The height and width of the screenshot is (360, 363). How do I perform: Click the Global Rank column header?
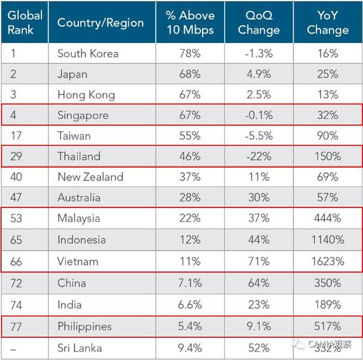(24, 23)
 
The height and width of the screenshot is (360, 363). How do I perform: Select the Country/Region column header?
(100, 23)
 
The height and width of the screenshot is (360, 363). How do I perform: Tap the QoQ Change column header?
(259, 23)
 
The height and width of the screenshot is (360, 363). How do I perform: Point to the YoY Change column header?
(328, 23)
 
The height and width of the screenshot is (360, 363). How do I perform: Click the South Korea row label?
(88, 54)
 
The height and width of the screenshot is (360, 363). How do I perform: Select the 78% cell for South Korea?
(189, 54)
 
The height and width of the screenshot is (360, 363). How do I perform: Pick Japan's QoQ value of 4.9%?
(259, 74)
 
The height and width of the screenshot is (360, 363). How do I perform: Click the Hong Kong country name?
(86, 95)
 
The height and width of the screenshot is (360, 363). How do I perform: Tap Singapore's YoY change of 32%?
(328, 115)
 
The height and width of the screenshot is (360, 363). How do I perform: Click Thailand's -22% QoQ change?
(259, 156)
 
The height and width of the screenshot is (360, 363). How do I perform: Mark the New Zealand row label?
(90, 177)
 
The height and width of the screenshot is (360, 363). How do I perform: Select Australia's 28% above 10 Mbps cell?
(189, 197)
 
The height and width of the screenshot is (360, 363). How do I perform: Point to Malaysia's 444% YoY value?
(328, 218)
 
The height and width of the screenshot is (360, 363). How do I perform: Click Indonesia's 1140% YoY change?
(328, 240)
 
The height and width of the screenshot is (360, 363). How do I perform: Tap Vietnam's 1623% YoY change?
(328, 261)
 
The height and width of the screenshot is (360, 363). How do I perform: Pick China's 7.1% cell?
(189, 283)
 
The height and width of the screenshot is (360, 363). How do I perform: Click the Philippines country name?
(85, 327)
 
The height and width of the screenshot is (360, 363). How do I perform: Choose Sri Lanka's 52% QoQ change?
(259, 348)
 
